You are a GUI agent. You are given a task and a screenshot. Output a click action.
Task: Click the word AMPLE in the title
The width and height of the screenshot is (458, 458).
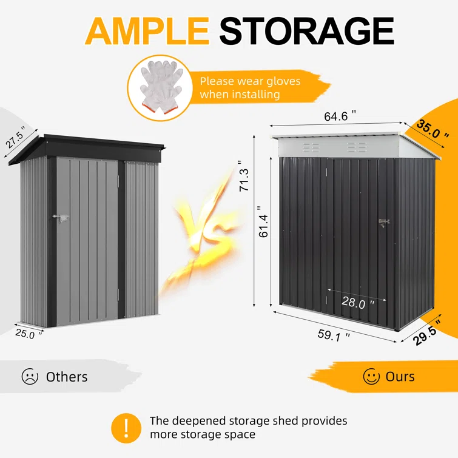(147, 31)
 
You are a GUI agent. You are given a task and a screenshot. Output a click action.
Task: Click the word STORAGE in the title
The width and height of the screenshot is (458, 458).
(307, 31)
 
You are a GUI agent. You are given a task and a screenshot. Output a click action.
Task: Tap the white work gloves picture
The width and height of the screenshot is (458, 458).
(160, 87)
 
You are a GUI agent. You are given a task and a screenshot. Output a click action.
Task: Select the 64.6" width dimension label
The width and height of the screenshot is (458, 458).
(340, 116)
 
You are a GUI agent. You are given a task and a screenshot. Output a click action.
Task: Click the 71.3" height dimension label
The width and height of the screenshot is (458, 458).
(244, 176)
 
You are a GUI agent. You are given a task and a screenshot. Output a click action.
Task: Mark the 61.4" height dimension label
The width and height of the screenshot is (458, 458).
(263, 221)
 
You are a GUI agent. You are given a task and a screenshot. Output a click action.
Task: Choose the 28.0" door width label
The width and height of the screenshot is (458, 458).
(357, 302)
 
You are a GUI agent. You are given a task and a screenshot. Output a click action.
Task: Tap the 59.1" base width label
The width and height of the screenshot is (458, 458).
(334, 335)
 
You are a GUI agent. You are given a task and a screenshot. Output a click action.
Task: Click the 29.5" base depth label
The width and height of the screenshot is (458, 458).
(427, 333)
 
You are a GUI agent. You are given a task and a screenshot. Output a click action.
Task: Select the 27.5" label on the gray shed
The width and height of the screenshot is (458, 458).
(15, 137)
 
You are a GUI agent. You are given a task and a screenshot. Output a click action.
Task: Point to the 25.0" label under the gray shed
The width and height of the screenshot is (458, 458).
(29, 334)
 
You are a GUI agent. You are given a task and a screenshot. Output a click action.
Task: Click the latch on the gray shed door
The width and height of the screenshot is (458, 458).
(61, 218)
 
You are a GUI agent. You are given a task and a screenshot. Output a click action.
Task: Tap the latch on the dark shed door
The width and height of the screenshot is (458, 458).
(384, 223)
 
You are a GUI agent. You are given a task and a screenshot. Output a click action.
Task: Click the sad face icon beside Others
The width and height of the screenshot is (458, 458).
(30, 376)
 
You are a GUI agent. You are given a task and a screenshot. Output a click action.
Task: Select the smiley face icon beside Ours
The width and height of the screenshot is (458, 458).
(371, 376)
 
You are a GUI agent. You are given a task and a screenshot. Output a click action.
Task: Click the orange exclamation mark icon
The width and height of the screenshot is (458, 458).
(126, 428)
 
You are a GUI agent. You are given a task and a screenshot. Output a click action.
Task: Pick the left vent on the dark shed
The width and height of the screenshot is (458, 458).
(311, 148)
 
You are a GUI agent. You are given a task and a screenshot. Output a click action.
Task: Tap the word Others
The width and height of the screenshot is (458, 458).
(67, 377)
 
